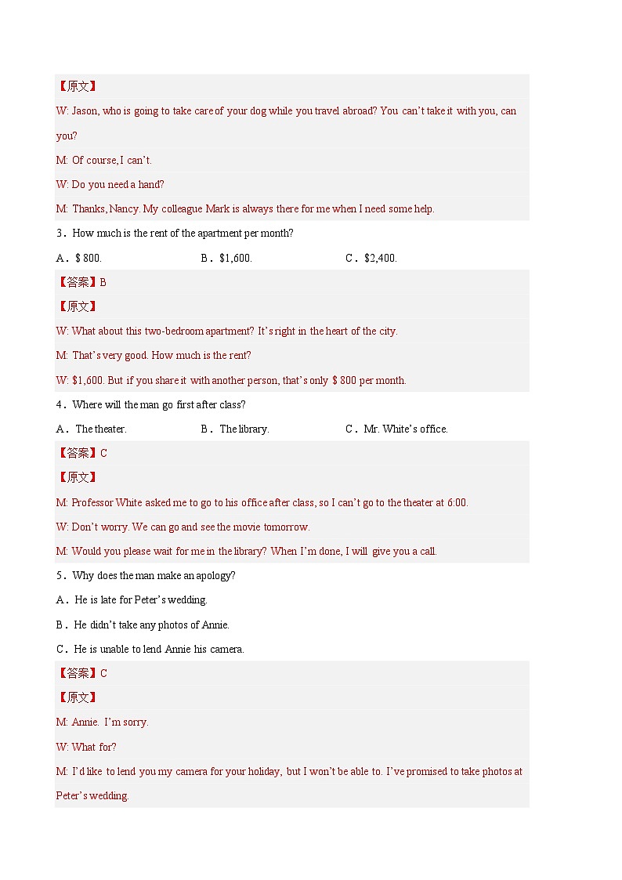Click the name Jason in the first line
[85, 111]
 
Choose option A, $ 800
[89, 258]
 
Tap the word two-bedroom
[174, 331]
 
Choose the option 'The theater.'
[100, 429]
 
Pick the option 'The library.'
[244, 429]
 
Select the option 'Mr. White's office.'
[406, 429]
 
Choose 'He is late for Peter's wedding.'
[140, 600]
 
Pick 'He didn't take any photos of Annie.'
[151, 625]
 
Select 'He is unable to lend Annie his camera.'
[158, 650]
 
